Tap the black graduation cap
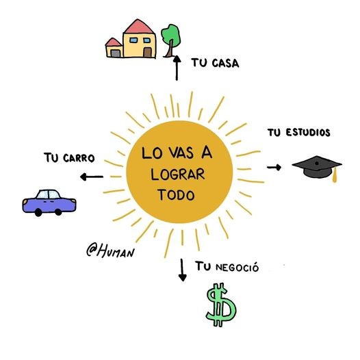coord(317,168)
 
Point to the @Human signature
coord(110,250)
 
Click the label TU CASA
coord(215,63)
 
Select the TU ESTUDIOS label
coord(298,133)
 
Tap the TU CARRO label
coord(69,157)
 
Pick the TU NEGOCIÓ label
coord(227,267)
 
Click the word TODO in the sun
coord(176,194)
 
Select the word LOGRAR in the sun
coord(177,175)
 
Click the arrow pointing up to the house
coord(177,68)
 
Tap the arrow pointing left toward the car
coord(92,177)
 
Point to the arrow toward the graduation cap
coord(274,168)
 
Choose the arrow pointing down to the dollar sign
coord(182,270)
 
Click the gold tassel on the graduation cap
coord(335,175)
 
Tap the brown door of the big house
coord(147,53)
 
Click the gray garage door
coord(116,53)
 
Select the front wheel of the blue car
coord(38,213)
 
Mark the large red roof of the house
coord(138,27)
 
